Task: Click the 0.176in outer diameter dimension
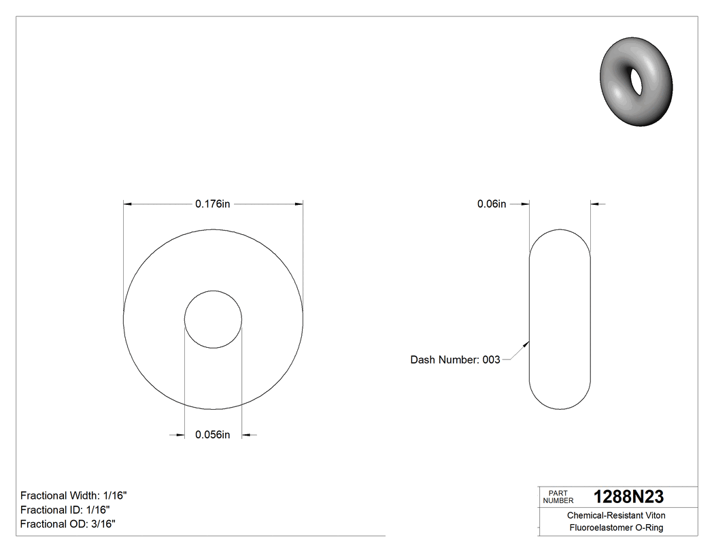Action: click(x=212, y=204)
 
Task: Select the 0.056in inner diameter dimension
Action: click(x=212, y=435)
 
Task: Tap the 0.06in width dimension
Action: click(x=491, y=204)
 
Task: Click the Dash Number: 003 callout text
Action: click(x=455, y=359)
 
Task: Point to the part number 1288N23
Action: click(x=628, y=497)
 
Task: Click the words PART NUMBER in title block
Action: click(x=558, y=497)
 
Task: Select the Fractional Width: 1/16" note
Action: click(x=73, y=496)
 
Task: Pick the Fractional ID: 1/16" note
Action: click(x=65, y=510)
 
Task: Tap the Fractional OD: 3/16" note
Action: click(x=67, y=524)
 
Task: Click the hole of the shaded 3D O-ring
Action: click(x=638, y=81)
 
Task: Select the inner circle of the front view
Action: click(x=213, y=320)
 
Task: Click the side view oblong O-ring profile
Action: click(x=560, y=320)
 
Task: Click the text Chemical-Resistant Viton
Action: click(x=616, y=516)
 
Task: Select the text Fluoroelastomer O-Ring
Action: click(x=616, y=528)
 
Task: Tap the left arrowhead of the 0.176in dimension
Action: click(x=127, y=204)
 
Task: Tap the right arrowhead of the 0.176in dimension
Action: click(x=299, y=204)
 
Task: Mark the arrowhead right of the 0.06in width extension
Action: click(x=595, y=204)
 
